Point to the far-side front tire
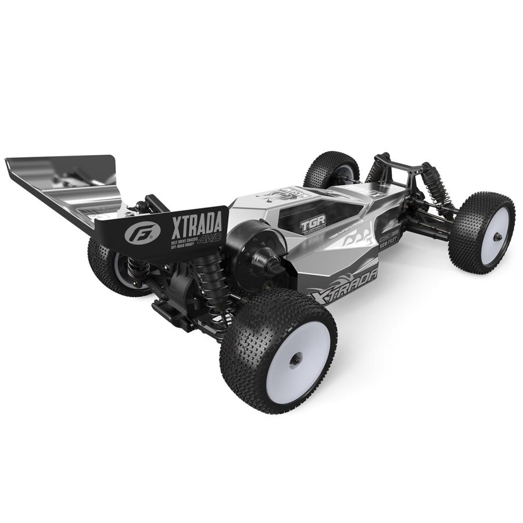click(x=331, y=169)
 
